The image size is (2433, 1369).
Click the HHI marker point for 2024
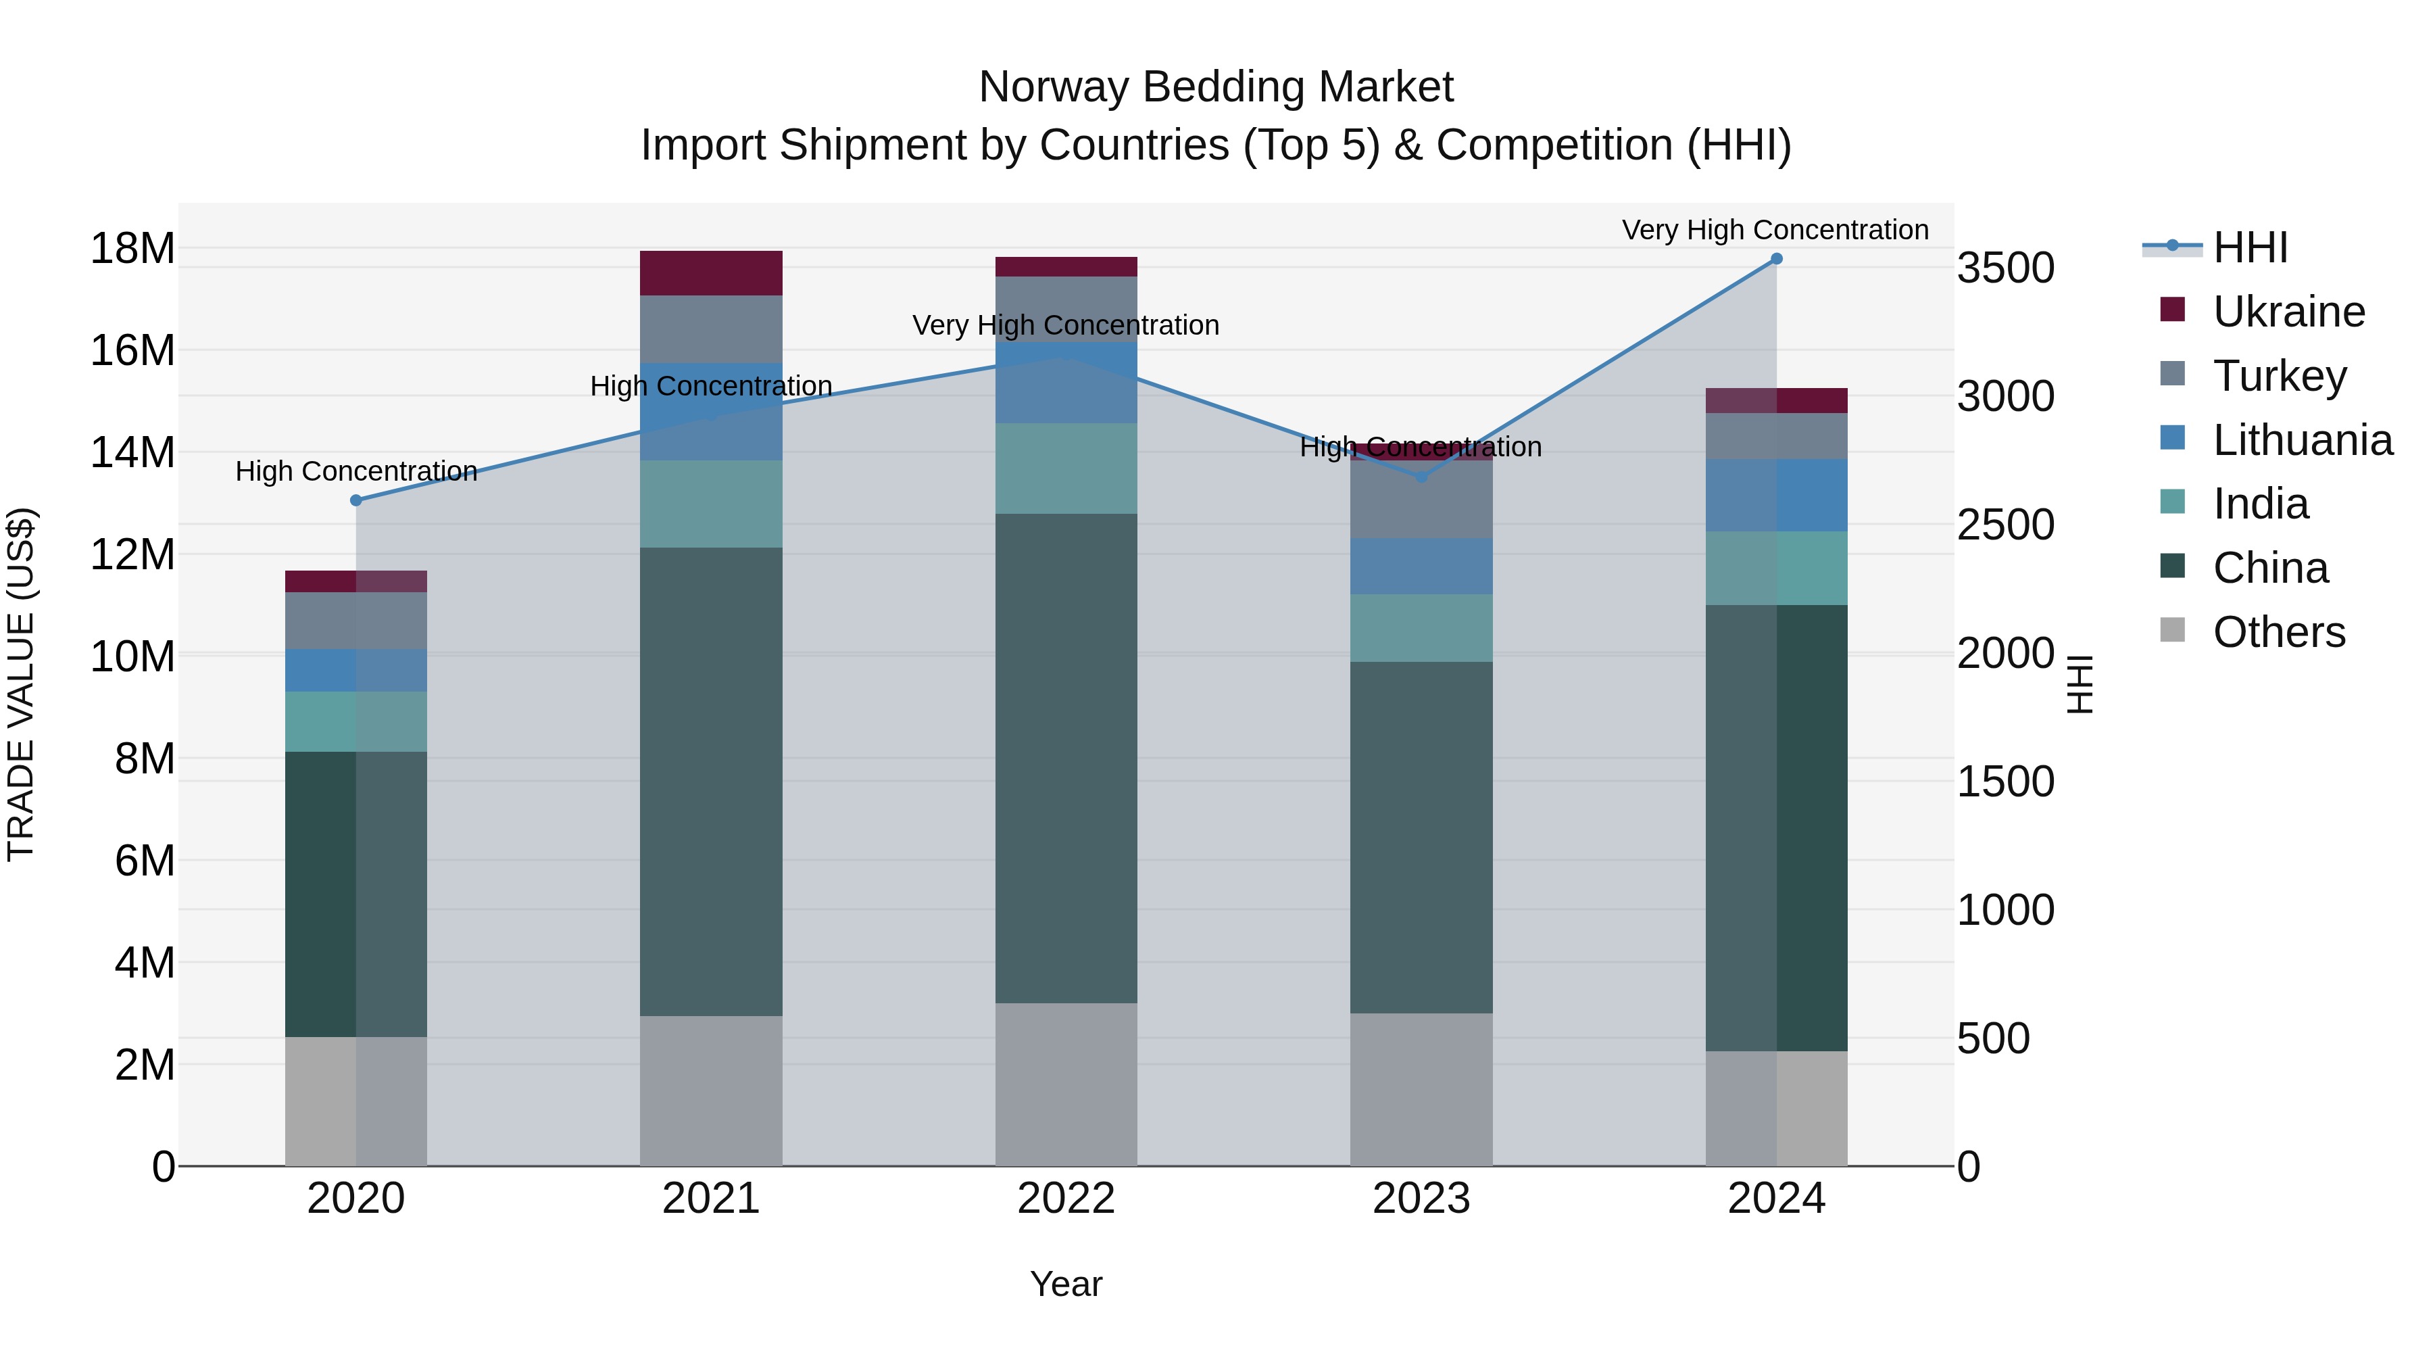(1775, 259)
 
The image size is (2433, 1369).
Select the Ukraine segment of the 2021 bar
(710, 273)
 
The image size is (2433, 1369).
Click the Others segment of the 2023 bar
(1421, 1088)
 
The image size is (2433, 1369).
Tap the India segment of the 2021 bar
(710, 504)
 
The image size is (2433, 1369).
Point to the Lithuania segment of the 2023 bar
(1421, 566)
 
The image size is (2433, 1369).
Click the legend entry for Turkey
(2278, 376)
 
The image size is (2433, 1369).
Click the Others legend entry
(2278, 632)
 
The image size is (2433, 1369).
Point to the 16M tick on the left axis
(132, 350)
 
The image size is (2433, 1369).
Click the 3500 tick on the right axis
(2005, 268)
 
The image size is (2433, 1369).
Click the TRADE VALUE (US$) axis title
(21, 684)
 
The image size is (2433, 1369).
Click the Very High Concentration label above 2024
(1775, 230)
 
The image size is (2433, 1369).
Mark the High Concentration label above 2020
(356, 471)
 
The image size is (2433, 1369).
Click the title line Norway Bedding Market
(1216, 87)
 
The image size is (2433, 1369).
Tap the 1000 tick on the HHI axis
(2005, 911)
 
